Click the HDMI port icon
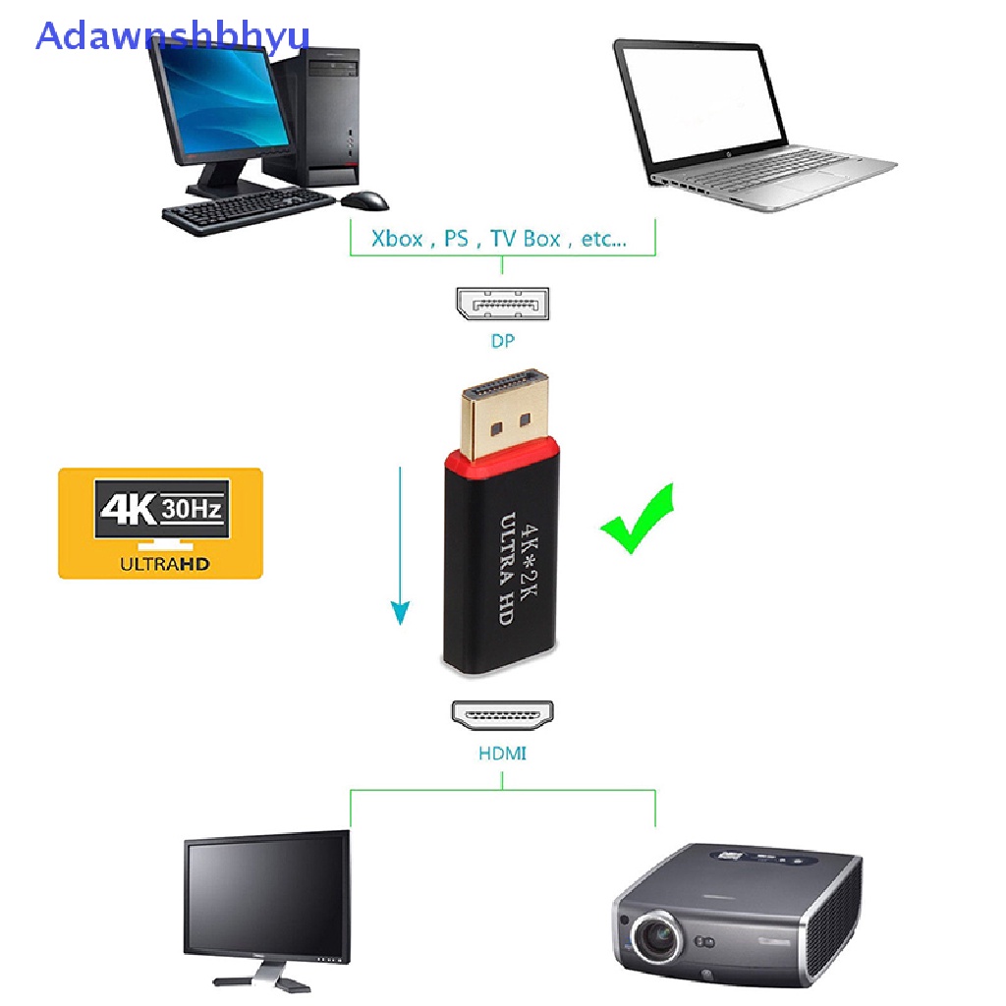[502, 714]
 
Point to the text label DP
[502, 342]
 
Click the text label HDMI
[502, 754]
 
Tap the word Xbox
[397, 238]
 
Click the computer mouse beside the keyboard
[364, 200]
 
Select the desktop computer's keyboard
[248, 208]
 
